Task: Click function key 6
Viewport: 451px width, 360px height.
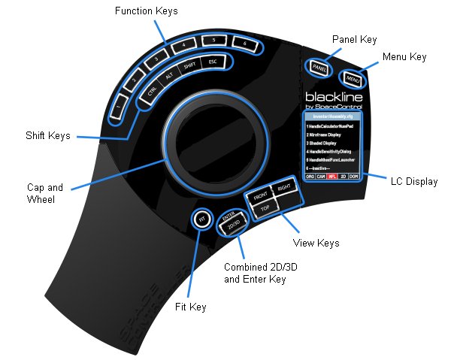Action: (245, 44)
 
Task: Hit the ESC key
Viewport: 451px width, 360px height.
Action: (213, 62)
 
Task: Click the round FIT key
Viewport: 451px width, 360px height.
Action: (201, 220)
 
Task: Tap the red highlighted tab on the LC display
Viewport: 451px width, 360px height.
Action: (331, 176)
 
